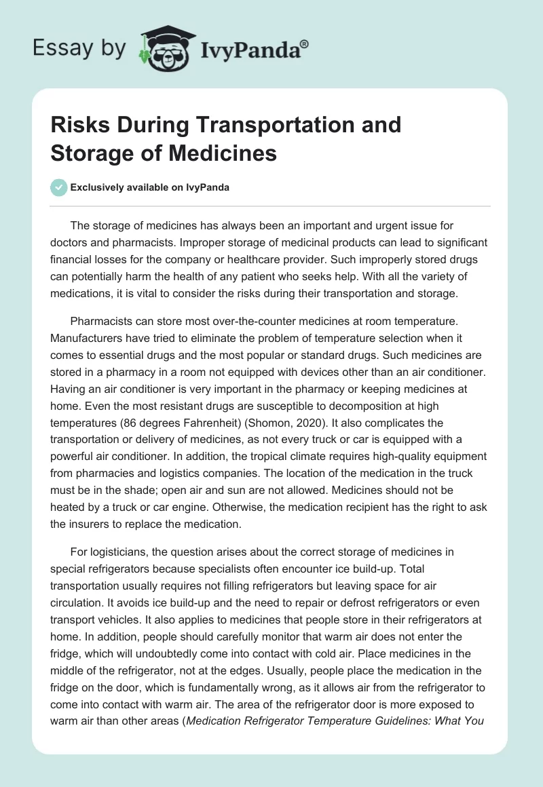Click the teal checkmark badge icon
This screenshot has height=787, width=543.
[59, 188]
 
